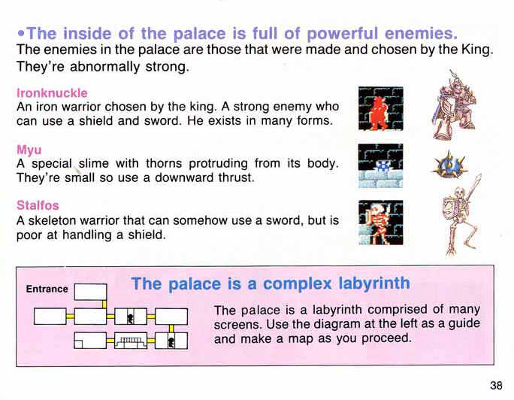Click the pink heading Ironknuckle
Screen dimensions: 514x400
52,93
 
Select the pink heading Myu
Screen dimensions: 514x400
29,150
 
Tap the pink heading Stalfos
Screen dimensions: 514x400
38,205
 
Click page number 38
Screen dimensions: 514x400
496,385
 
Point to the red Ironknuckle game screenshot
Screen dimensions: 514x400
380,108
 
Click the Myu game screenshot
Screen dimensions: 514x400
380,165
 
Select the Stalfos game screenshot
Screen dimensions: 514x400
380,223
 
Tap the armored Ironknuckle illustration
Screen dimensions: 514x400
454,105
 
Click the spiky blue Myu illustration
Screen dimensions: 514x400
449,164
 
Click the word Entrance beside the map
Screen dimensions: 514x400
47,289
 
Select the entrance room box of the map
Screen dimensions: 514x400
90,292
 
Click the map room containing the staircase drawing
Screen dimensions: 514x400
131,341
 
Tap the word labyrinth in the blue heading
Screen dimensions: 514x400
374,283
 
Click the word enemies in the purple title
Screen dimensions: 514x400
421,33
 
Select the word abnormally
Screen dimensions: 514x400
104,67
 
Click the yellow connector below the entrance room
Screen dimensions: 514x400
104,305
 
